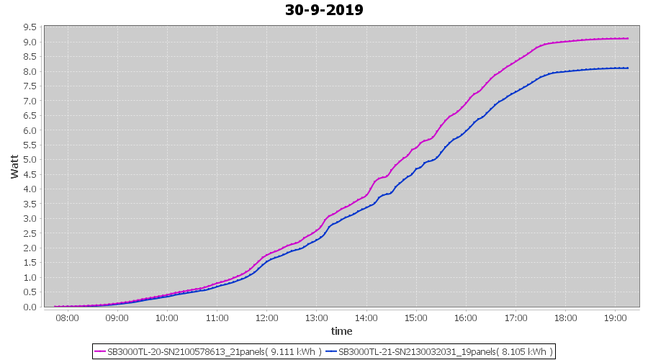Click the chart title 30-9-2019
pyautogui.click(x=324, y=10)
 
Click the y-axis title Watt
pyautogui.click(x=14, y=166)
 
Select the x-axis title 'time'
pyautogui.click(x=341, y=331)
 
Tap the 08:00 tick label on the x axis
pyautogui.click(x=67, y=317)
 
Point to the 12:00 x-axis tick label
pyautogui.click(x=266, y=317)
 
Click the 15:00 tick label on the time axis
pyautogui.click(x=416, y=317)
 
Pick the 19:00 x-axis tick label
pyautogui.click(x=616, y=317)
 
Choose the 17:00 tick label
pyautogui.click(x=516, y=317)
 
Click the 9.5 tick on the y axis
pyautogui.click(x=30, y=27)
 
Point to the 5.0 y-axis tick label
pyautogui.click(x=30, y=160)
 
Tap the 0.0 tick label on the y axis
pyautogui.click(x=30, y=307)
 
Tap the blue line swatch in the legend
pyautogui.click(x=331, y=351)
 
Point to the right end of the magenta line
pyautogui.click(x=629, y=39)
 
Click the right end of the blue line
pyautogui.click(x=629, y=68)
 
